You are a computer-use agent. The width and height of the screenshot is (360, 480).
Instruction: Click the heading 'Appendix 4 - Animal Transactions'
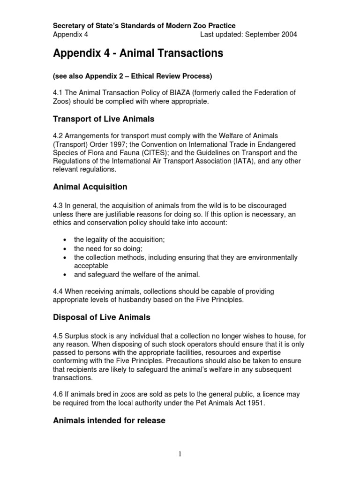pos(138,54)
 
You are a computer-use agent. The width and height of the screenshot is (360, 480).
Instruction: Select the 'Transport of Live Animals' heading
pos(104,119)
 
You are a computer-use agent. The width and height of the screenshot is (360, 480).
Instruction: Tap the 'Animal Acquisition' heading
pos(90,187)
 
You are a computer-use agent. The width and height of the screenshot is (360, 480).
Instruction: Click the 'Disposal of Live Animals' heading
pos(102,317)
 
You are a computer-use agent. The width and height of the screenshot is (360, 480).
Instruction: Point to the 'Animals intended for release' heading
pos(109,420)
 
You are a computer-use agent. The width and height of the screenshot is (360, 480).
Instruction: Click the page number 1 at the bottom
pos(180,454)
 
